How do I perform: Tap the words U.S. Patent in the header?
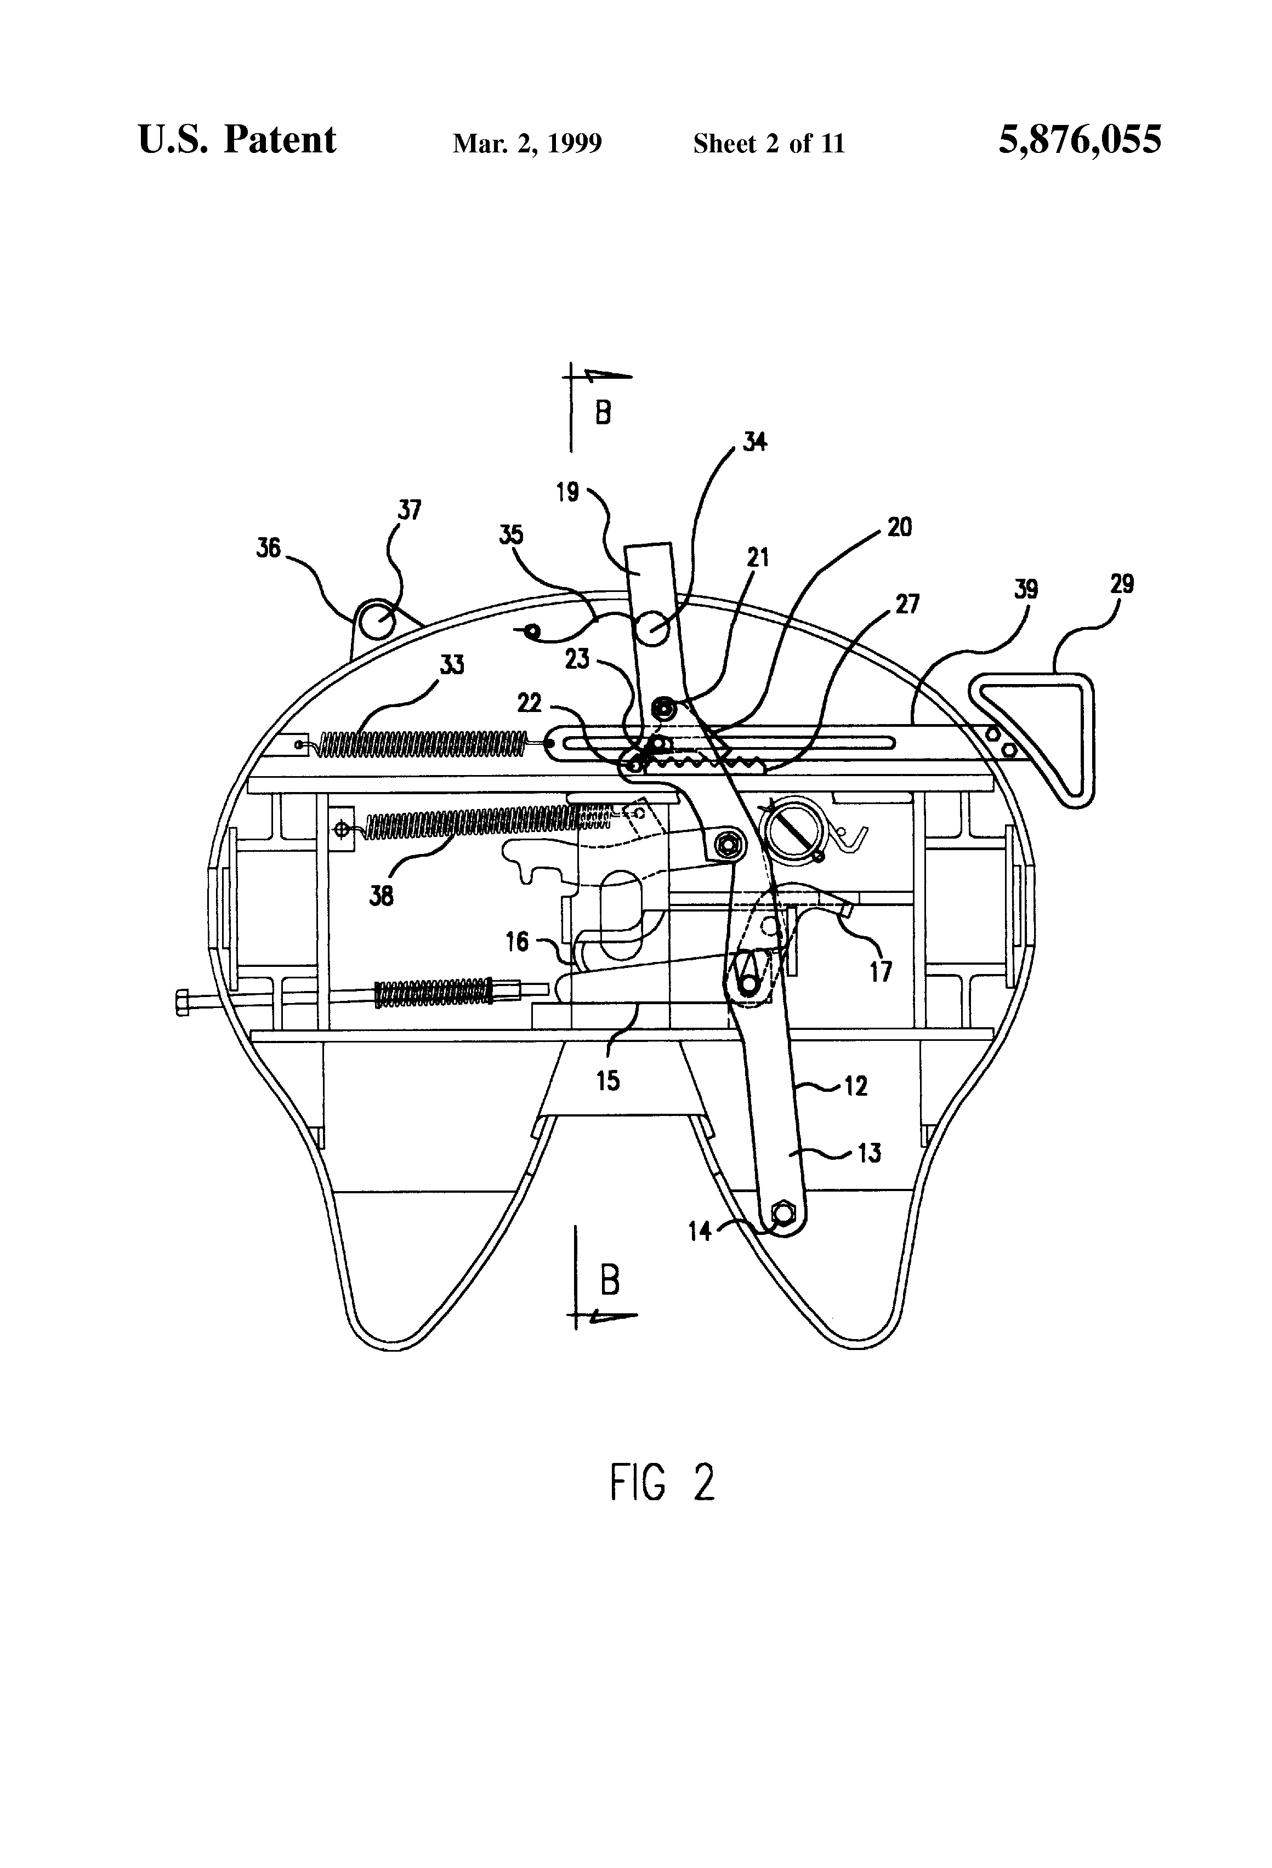coord(237,140)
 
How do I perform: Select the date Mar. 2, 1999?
coord(527,144)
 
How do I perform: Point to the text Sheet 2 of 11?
coord(769,144)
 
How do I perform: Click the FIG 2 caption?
coord(662,1482)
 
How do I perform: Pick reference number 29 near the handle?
coord(1122,584)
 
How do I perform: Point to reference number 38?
coord(381,896)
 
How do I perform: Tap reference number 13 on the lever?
coord(868,1153)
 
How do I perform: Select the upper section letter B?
coord(603,414)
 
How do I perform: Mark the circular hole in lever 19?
coord(654,628)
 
